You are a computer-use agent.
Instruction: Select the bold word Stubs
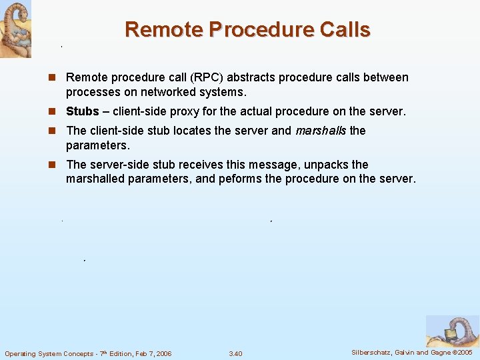coord(83,111)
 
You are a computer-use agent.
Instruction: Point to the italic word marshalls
coord(321,131)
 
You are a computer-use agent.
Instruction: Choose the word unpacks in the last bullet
coord(326,165)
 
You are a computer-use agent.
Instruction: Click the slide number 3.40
coord(235,353)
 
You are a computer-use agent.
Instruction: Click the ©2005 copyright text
coord(462,352)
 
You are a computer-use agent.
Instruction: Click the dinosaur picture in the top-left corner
coord(15,29)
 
